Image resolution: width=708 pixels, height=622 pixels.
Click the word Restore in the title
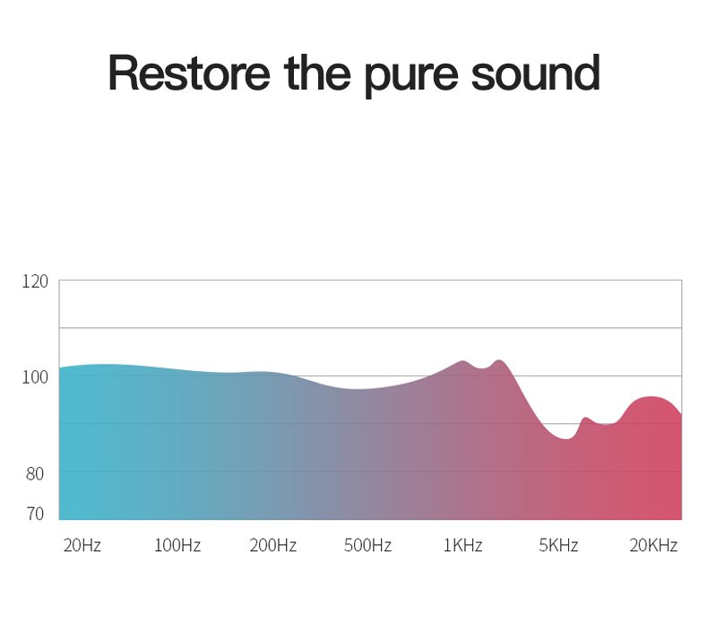click(x=189, y=73)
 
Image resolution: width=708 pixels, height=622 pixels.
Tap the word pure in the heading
click(x=410, y=76)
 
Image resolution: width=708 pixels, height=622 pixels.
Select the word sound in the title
click(x=536, y=73)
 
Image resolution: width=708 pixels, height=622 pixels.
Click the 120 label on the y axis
click(x=35, y=281)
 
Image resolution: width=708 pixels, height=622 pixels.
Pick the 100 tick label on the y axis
click(x=35, y=377)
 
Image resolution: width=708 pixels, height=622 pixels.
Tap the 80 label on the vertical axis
click(x=35, y=474)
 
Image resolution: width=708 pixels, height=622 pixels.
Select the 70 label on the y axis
click(x=35, y=514)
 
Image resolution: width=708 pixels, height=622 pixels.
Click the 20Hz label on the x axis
click(x=82, y=546)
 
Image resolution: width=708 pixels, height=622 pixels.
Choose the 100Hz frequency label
click(x=177, y=546)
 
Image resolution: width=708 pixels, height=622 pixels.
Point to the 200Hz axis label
click(x=272, y=546)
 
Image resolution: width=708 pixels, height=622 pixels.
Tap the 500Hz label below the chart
click(x=367, y=546)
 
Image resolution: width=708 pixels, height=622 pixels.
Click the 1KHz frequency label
click(x=462, y=546)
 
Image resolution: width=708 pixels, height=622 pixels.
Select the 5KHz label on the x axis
click(x=558, y=546)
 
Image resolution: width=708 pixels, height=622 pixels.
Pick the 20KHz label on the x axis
click(x=653, y=546)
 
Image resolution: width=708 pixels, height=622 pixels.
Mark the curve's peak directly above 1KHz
click(x=462, y=361)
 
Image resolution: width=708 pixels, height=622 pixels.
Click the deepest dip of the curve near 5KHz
click(x=566, y=438)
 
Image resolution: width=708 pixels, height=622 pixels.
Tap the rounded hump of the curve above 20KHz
click(x=651, y=397)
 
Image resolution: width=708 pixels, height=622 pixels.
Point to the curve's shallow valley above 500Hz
click(x=358, y=389)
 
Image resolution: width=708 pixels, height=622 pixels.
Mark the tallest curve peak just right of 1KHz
click(x=499, y=360)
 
